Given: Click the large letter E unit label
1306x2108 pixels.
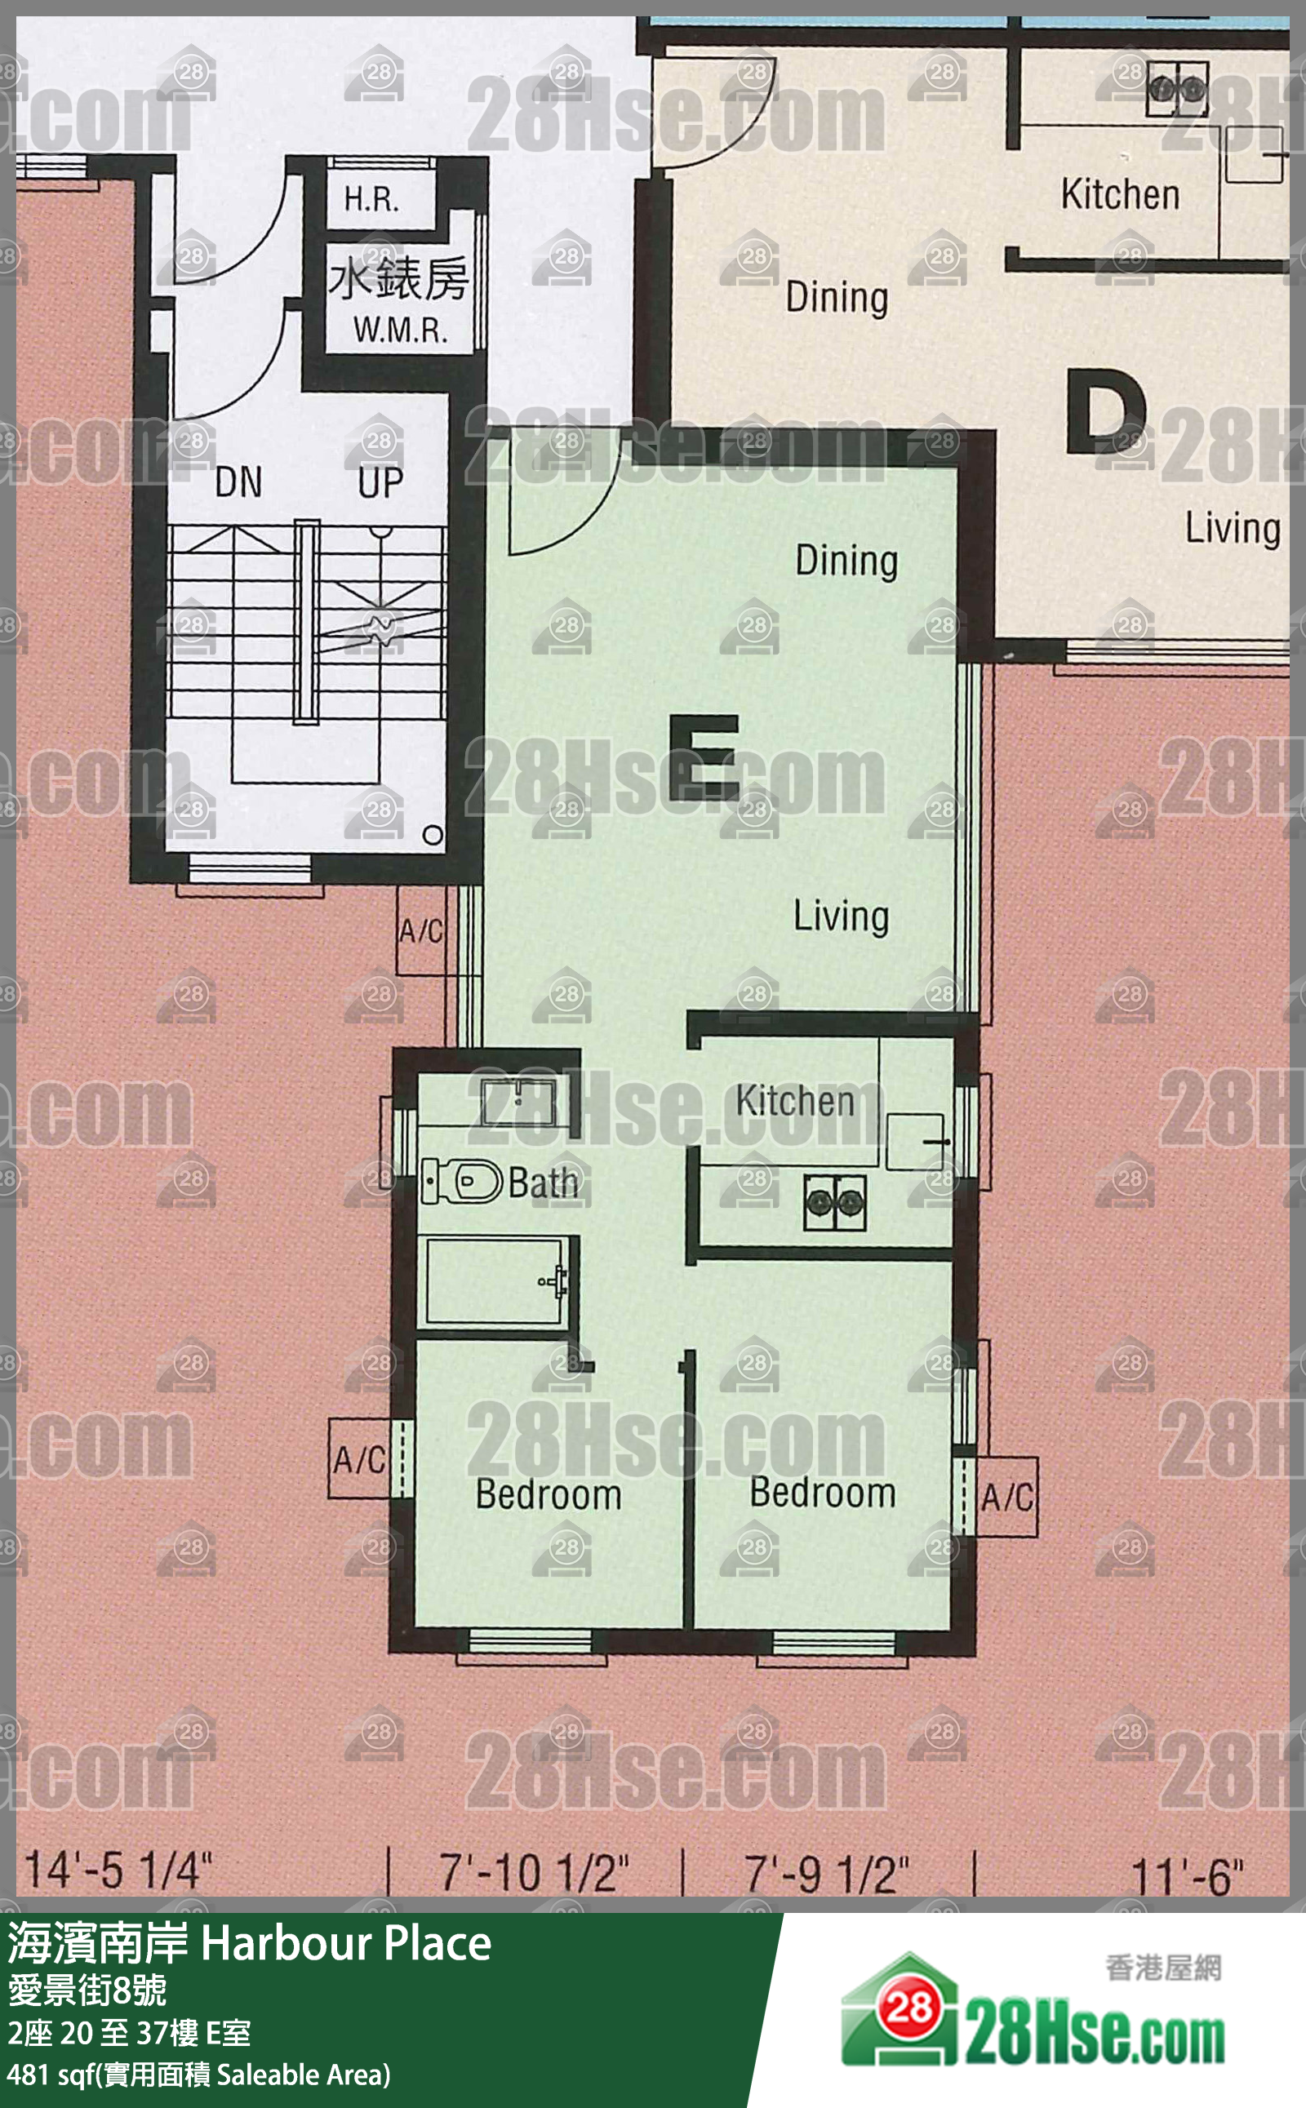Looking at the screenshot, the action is click(703, 757).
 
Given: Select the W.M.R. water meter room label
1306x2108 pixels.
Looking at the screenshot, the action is click(400, 330).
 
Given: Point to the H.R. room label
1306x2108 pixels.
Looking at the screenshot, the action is click(371, 199).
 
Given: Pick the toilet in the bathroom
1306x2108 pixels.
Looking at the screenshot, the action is click(461, 1182).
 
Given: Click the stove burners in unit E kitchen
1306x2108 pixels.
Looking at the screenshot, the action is click(834, 1201).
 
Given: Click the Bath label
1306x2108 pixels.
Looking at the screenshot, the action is click(544, 1183).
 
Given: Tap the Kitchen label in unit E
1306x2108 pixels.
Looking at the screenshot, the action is click(795, 1101).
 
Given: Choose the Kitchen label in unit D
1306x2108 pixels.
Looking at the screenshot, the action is click(1120, 193).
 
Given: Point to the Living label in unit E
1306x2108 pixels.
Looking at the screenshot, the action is click(842, 916).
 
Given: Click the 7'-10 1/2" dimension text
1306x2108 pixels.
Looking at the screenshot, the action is click(535, 1872).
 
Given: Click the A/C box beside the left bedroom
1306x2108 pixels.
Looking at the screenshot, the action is click(359, 1459).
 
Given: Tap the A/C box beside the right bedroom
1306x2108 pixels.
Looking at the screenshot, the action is click(1007, 1497).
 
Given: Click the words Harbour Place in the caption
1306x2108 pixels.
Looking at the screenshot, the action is click(346, 1943).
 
